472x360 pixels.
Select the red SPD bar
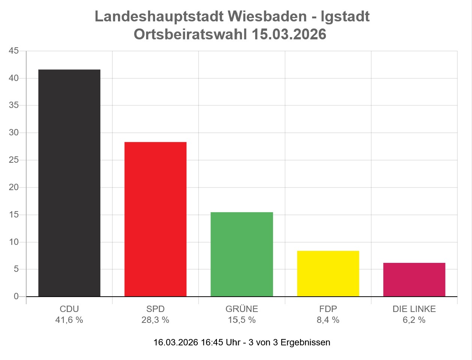tap(155, 219)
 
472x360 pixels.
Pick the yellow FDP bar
tap(328, 274)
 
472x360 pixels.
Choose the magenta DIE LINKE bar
tap(414, 280)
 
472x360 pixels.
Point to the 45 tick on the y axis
tap(14, 51)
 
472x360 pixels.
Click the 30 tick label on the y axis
tap(14, 132)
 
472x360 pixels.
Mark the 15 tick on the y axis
tap(14, 215)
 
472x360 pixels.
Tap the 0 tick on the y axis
tap(16, 296)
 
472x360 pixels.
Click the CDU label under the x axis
tap(69, 309)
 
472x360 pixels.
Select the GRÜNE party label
tap(242, 309)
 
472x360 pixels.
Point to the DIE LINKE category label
tap(414, 309)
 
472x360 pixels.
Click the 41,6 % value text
tap(69, 320)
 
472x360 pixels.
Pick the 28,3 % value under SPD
tap(155, 320)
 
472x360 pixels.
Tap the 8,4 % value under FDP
tap(328, 320)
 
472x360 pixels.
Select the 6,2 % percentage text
tap(414, 320)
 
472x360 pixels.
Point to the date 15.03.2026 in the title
tap(289, 34)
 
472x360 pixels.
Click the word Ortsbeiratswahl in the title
tap(190, 34)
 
